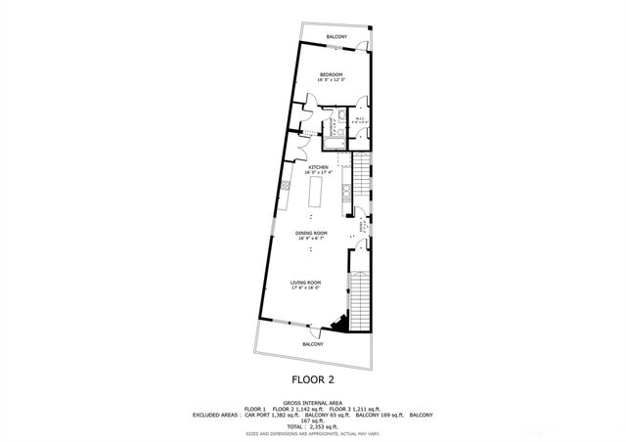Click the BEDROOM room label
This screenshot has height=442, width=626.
[x=332, y=75]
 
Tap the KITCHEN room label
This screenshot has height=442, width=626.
[x=319, y=167]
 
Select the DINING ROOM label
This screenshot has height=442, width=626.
[x=312, y=233]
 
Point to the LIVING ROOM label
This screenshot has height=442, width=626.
[x=305, y=282]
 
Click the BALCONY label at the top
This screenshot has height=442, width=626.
[x=336, y=37]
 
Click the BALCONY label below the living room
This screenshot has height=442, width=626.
[x=312, y=344]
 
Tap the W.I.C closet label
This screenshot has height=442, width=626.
[x=360, y=119]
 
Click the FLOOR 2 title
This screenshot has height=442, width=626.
[x=313, y=378]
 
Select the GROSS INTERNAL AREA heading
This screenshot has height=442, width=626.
[x=312, y=402]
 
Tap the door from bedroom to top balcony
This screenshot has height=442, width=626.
[x=362, y=49]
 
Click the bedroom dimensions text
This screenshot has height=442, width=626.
[x=332, y=81]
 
